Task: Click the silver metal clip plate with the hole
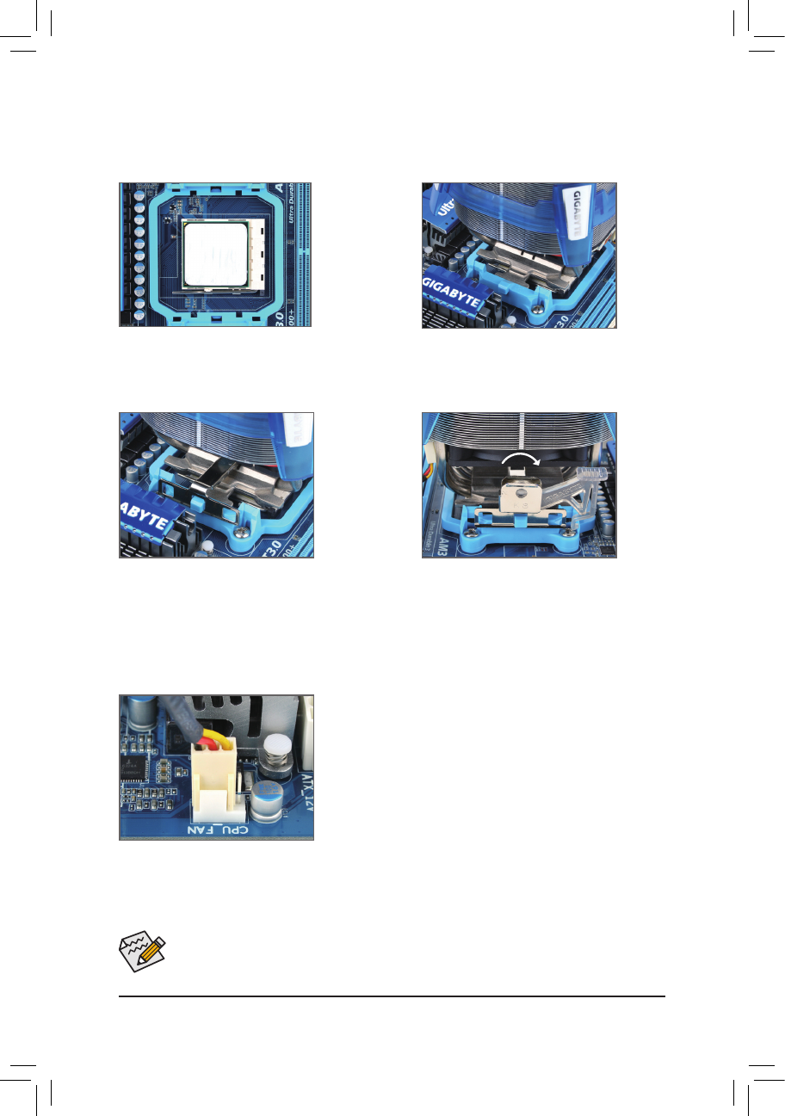pos(521,498)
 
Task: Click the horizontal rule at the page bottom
pos(392,997)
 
